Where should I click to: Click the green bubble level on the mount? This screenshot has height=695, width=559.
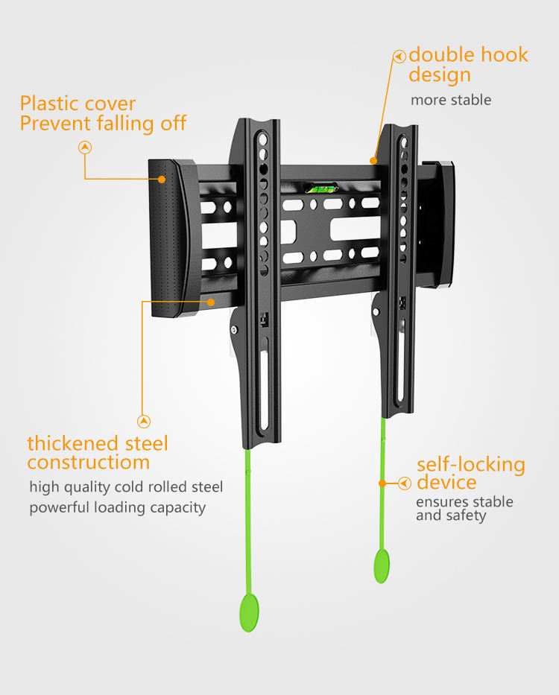click(321, 189)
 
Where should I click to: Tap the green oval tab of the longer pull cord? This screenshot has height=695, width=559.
click(249, 612)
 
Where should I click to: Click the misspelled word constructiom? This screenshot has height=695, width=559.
click(88, 463)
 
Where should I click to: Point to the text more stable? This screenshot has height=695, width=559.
click(451, 100)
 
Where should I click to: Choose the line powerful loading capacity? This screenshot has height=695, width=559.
click(118, 508)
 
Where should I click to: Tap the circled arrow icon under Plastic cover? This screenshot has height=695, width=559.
click(86, 147)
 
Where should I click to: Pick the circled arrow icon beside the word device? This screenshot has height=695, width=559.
click(405, 483)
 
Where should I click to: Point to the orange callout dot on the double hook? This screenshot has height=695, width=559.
click(374, 159)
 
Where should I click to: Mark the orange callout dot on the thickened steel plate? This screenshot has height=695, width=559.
click(212, 302)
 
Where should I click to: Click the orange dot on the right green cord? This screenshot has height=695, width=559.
click(382, 483)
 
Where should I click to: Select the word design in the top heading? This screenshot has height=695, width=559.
click(440, 75)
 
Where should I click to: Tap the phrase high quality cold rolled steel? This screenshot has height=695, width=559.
click(126, 487)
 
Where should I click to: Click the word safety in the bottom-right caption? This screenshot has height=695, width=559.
click(467, 515)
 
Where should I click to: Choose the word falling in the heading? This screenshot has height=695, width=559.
click(126, 124)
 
